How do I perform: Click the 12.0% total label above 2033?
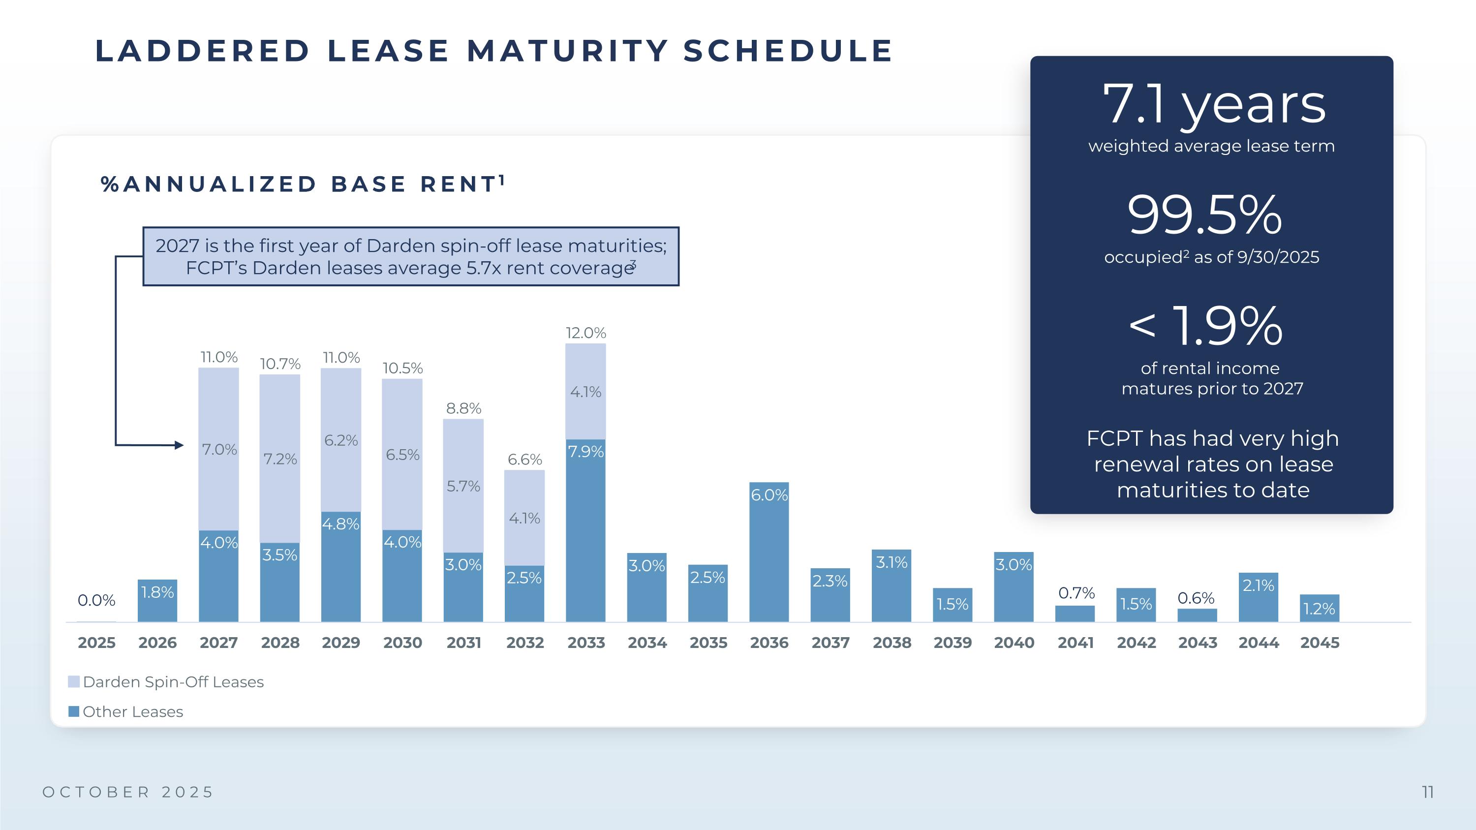pos(585,333)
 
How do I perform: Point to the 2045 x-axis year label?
pos(1320,643)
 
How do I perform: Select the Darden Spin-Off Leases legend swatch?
pos(74,681)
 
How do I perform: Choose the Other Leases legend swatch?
pos(74,711)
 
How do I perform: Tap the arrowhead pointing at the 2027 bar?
pos(180,445)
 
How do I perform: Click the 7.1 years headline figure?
pos(1214,104)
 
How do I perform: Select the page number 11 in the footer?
pos(1427,792)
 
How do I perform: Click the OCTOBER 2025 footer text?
pos(128,792)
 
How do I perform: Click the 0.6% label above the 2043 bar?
pos(1196,598)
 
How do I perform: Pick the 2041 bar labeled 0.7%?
pos(1075,614)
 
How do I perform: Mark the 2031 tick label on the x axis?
pos(463,643)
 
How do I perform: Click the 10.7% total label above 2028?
pos(280,364)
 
